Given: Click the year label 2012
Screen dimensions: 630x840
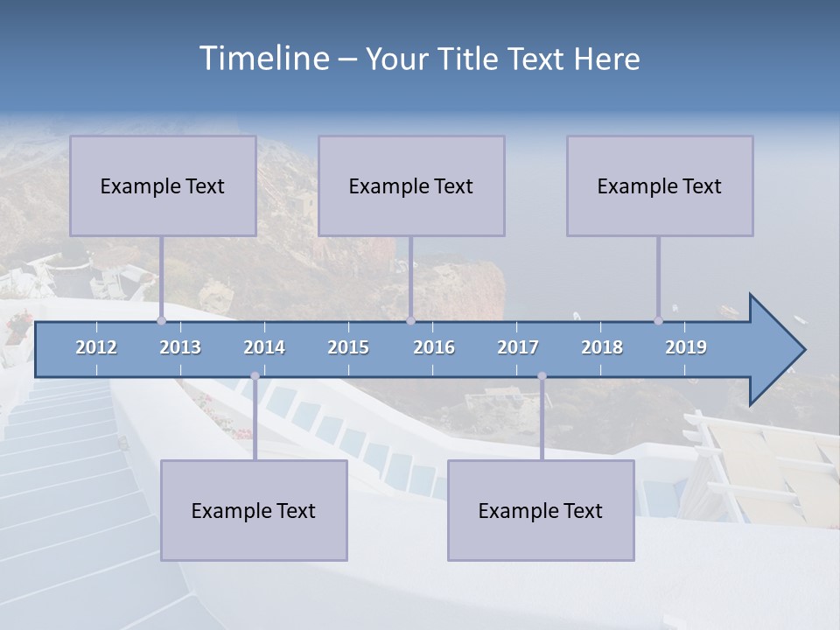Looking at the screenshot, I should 96,347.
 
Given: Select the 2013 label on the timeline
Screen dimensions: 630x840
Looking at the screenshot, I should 180,347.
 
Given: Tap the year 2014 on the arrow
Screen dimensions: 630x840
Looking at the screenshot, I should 264,347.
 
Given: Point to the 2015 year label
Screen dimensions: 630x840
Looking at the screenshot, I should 348,347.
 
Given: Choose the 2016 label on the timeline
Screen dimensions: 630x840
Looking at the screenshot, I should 434,347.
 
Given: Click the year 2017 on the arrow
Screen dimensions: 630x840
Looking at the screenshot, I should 518,347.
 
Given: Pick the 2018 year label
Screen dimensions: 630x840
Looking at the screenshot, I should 602,347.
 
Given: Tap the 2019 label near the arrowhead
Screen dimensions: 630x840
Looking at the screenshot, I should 686,347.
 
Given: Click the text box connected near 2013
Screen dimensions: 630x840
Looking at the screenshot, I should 163,185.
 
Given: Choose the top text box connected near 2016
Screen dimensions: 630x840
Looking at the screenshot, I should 411,185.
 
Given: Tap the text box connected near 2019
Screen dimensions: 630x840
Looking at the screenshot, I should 660,185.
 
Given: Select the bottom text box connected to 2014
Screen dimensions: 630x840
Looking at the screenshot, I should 254,510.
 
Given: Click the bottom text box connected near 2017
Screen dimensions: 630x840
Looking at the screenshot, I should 541,510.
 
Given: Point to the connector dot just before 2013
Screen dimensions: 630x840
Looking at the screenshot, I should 161,320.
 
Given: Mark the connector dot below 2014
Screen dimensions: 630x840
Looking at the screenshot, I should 255,376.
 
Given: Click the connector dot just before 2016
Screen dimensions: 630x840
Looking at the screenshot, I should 410,320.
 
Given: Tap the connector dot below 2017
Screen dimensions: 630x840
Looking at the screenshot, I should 542,376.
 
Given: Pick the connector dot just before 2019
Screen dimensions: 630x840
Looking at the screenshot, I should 658,320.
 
